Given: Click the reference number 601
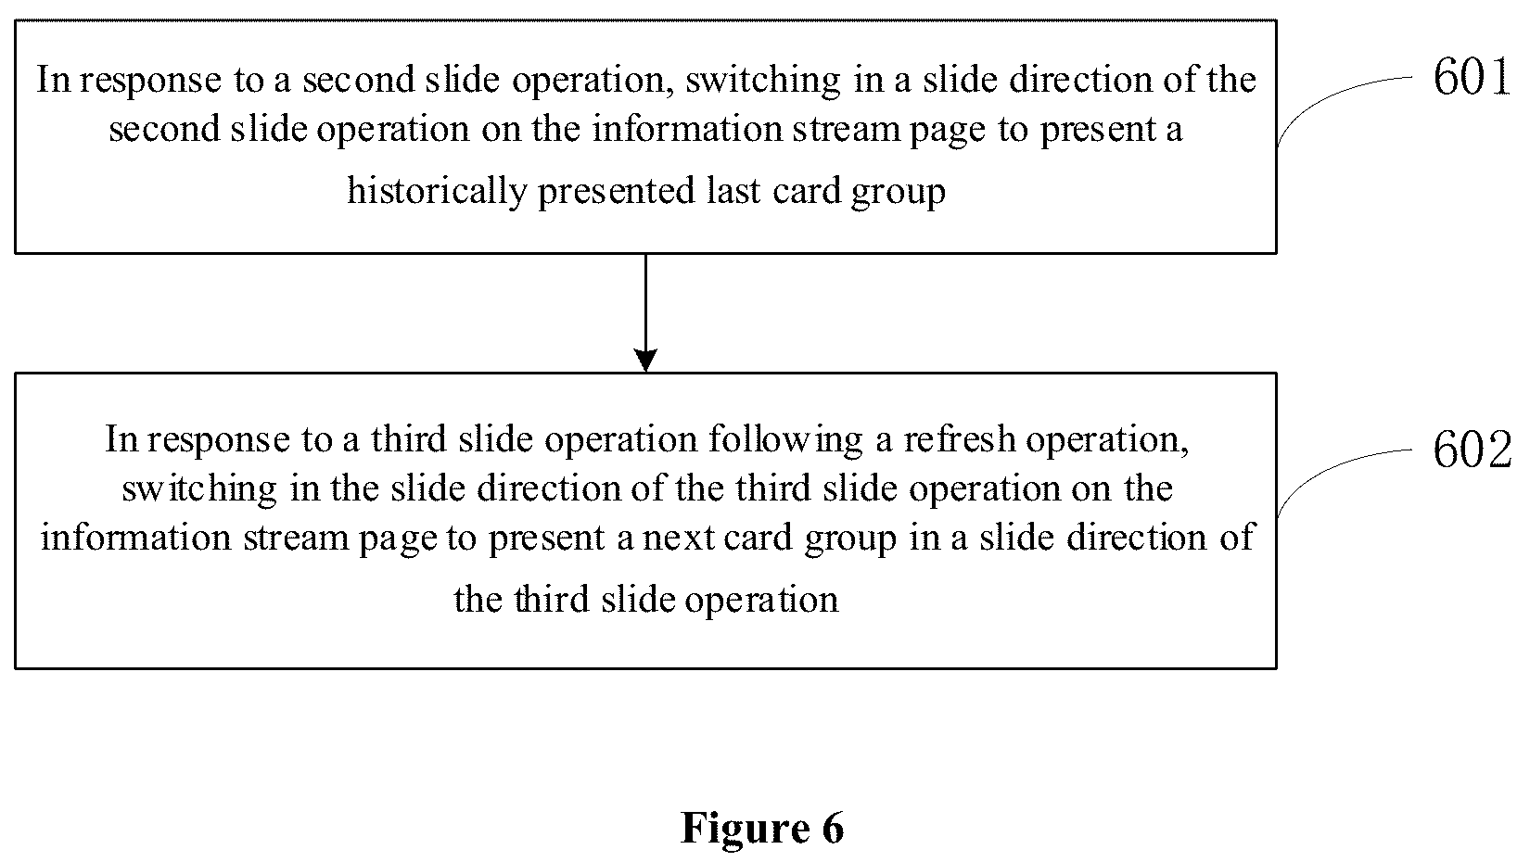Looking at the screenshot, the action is click(1471, 76).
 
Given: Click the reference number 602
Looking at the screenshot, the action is click(1472, 450).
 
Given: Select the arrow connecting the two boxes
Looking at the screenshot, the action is click(645, 312).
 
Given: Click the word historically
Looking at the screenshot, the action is click(437, 191).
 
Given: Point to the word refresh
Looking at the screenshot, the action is click(960, 438).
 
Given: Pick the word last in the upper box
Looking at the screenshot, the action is click(733, 190).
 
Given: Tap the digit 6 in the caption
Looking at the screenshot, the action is click(833, 828).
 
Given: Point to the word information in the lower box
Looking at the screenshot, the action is click(136, 538).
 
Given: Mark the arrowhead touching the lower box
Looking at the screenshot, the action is click(645, 361).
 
